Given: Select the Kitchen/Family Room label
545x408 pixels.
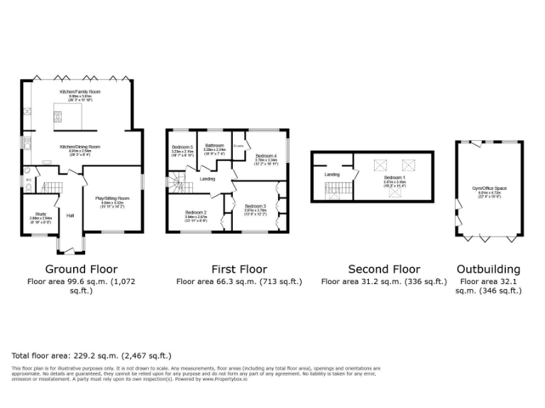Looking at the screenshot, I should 79,92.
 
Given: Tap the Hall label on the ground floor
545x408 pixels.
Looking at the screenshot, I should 70,215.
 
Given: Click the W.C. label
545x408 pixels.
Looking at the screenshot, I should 28,181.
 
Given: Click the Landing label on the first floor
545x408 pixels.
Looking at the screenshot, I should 208,178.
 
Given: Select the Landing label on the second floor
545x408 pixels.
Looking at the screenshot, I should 331,174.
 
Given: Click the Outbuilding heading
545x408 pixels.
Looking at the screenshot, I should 488,269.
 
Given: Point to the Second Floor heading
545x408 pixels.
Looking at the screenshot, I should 384,269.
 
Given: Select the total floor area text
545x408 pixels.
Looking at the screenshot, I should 92,355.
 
